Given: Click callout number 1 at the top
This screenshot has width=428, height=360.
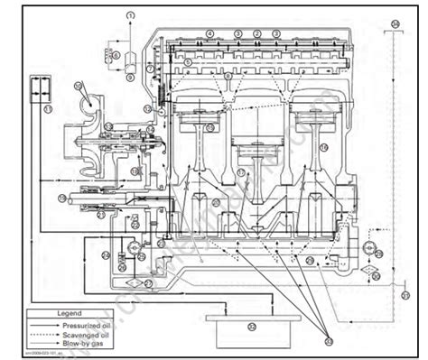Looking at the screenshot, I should [130, 16].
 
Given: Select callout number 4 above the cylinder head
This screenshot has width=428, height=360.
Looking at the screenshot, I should [209, 33].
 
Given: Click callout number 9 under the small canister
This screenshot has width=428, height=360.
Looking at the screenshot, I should [130, 78].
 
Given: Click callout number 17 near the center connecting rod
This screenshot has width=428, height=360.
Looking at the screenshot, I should [241, 171].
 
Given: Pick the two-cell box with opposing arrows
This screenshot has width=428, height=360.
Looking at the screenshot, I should [40, 90].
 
